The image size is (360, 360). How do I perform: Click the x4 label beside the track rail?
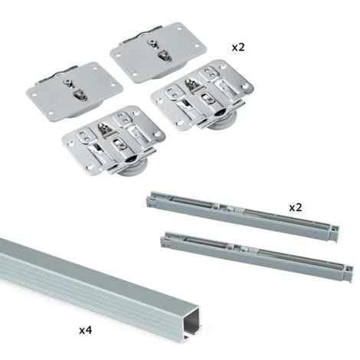pyautogui.click(x=85, y=330)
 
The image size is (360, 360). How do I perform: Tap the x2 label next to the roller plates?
pyautogui.click(x=238, y=47)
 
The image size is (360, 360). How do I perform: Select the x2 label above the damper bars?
pyautogui.click(x=296, y=208)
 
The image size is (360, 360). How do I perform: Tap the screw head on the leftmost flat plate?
pyautogui.click(x=68, y=82)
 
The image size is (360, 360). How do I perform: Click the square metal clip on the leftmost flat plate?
pyautogui.click(x=80, y=95)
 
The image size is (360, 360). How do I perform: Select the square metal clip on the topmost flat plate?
pyautogui.click(x=165, y=56)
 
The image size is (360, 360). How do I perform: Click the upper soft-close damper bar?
pyautogui.click(x=243, y=215)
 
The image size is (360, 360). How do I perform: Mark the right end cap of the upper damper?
pyautogui.click(x=334, y=232)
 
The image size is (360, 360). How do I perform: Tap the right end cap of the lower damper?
pyautogui.click(x=349, y=272)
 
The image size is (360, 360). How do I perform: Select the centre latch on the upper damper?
pyautogui.click(x=231, y=208)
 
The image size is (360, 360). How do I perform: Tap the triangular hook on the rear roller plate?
pyautogui.click(x=193, y=83)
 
